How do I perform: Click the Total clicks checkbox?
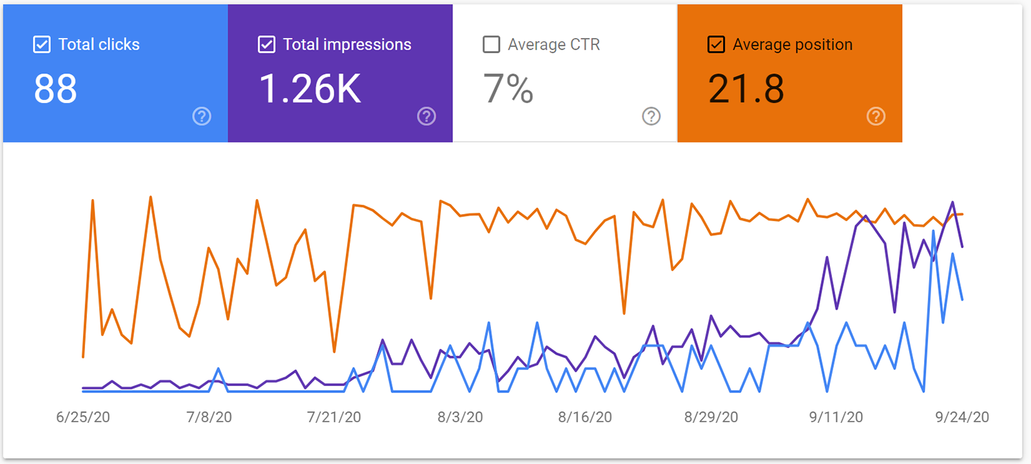tap(42, 44)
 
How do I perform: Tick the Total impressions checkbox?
tap(266, 44)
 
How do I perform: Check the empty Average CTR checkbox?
tap(491, 44)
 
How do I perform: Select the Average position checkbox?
tap(716, 44)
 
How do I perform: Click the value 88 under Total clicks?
tap(55, 89)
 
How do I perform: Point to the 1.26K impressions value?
tap(310, 89)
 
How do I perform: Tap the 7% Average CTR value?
tap(508, 89)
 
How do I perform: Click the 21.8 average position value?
tap(746, 89)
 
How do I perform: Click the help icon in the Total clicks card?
tap(202, 116)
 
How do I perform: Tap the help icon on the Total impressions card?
tap(427, 116)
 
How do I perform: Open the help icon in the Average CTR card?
tap(651, 116)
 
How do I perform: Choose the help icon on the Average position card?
tap(876, 116)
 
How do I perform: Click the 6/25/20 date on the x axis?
tap(83, 417)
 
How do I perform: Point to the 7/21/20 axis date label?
tap(334, 417)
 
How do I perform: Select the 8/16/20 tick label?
tap(585, 417)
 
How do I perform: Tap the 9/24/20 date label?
tap(962, 417)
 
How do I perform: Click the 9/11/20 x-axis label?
tap(836, 417)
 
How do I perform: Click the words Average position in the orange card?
tap(793, 44)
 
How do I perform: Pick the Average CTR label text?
tap(554, 44)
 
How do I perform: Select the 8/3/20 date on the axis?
tap(460, 417)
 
